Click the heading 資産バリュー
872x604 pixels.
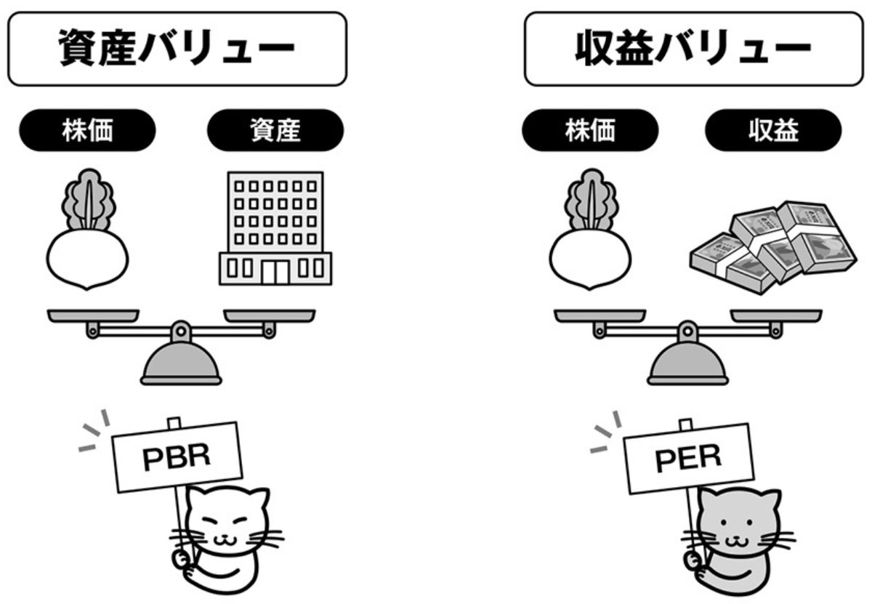pos(176,49)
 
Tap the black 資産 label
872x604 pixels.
pos(275,131)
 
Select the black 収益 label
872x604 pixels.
pos(773,131)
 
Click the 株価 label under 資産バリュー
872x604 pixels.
pos(86,131)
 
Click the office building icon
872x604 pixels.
pos(275,227)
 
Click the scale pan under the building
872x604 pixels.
pos(269,315)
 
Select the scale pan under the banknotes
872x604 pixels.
pos(776,315)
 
